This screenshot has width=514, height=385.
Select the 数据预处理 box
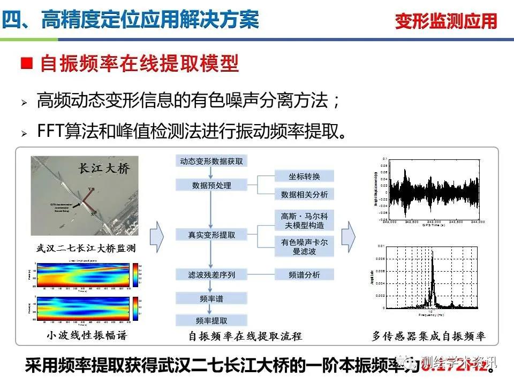(211, 186)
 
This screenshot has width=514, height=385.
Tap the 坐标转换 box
(304, 176)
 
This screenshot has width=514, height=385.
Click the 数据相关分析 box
(304, 194)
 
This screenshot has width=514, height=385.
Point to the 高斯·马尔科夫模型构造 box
(304, 220)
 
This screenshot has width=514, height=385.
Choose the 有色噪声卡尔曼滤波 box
(304, 247)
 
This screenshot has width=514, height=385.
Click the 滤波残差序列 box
(211, 275)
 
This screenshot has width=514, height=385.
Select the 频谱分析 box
(304, 275)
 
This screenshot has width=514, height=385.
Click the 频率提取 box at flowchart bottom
(211, 321)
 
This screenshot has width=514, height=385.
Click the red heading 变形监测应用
(446, 21)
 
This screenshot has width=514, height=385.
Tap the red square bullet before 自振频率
(26, 65)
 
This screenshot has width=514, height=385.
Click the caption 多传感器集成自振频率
(428, 336)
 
